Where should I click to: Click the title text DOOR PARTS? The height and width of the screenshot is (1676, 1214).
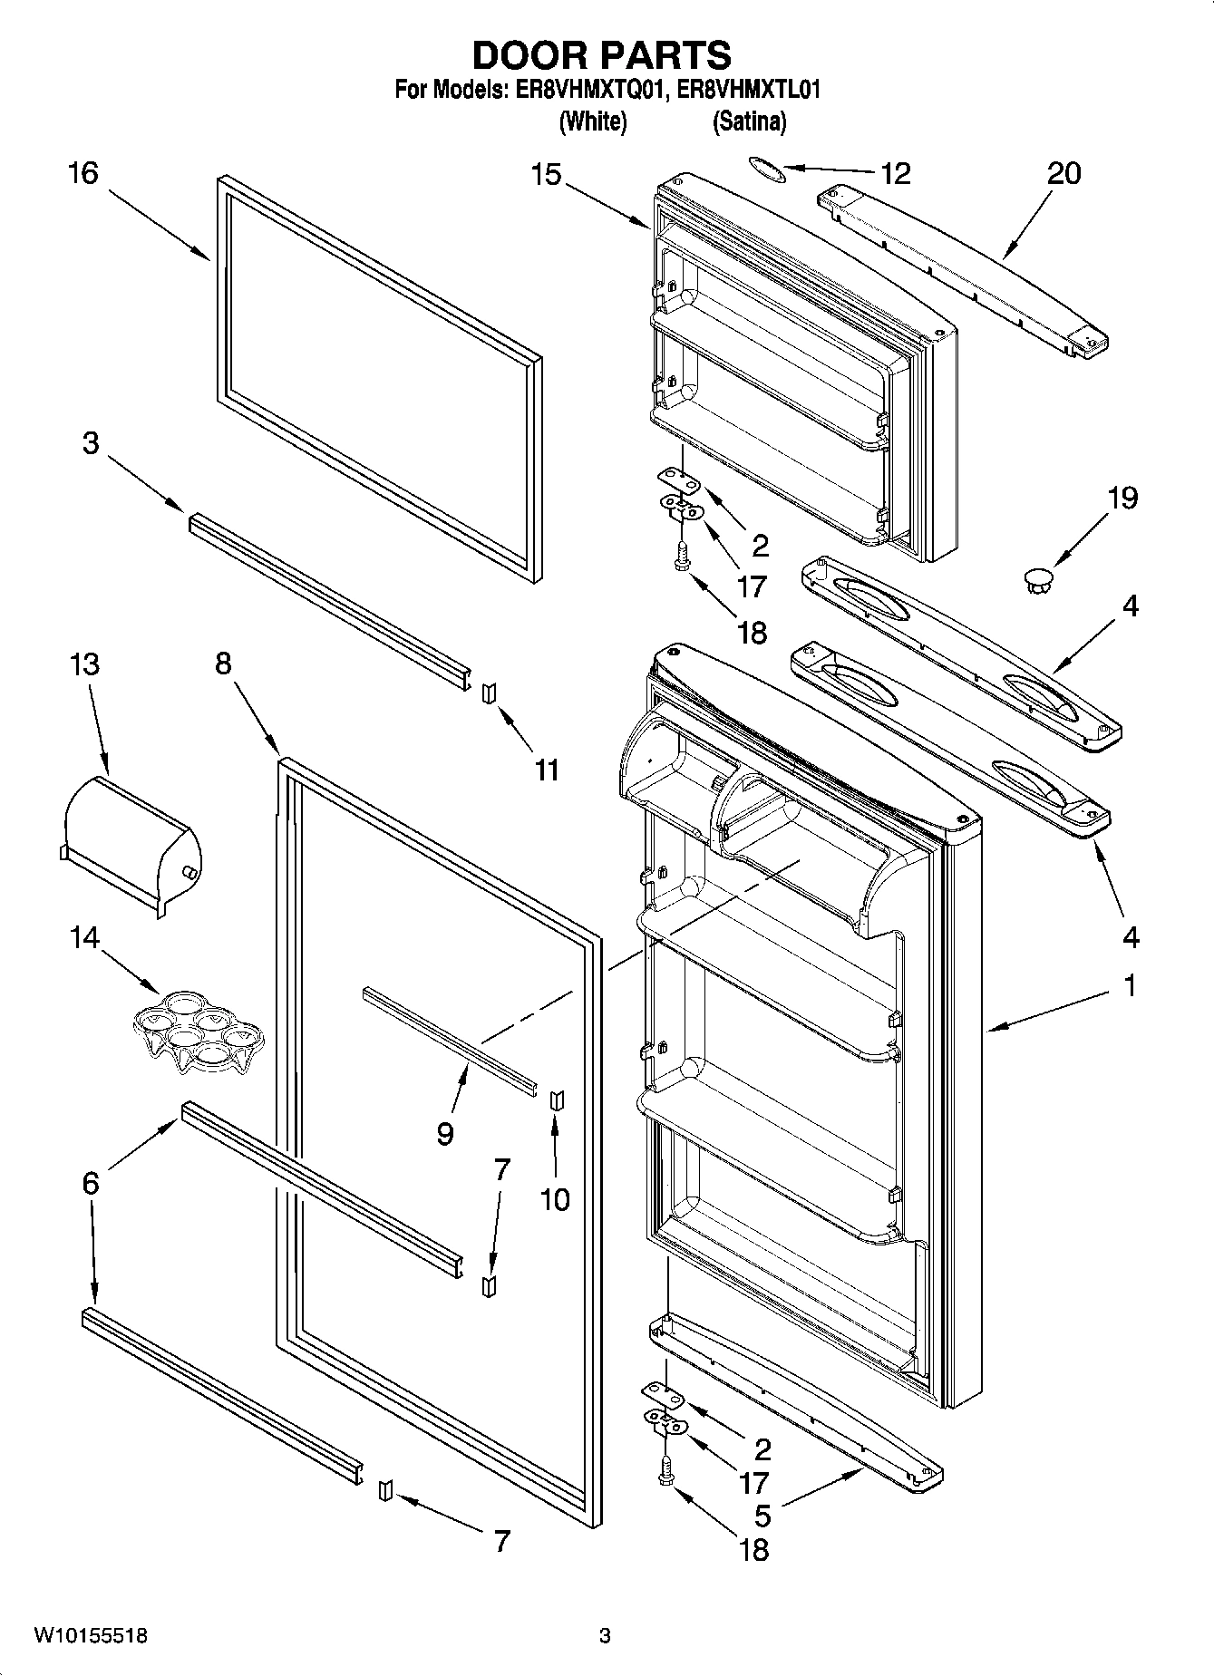click(x=601, y=55)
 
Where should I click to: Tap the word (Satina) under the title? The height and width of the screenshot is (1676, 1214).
click(x=749, y=121)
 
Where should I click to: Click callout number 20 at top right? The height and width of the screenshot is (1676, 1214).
click(x=1063, y=172)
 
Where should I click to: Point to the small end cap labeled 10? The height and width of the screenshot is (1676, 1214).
click(x=556, y=1099)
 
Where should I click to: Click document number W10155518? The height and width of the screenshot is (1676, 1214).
click(x=91, y=1635)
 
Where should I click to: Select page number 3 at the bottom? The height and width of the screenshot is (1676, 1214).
click(x=605, y=1635)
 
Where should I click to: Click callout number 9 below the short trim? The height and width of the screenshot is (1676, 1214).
click(x=444, y=1133)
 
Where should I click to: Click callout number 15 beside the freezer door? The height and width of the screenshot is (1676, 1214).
click(x=547, y=173)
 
